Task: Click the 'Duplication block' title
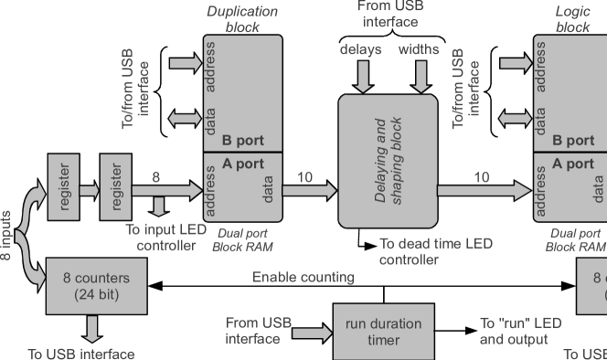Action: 242,19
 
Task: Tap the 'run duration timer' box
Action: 383,333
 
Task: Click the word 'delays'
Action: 360,48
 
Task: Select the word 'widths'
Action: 419,48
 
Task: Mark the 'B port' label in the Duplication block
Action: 242,142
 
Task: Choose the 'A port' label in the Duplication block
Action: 242,164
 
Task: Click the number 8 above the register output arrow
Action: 156,176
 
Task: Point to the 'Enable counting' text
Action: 303,277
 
